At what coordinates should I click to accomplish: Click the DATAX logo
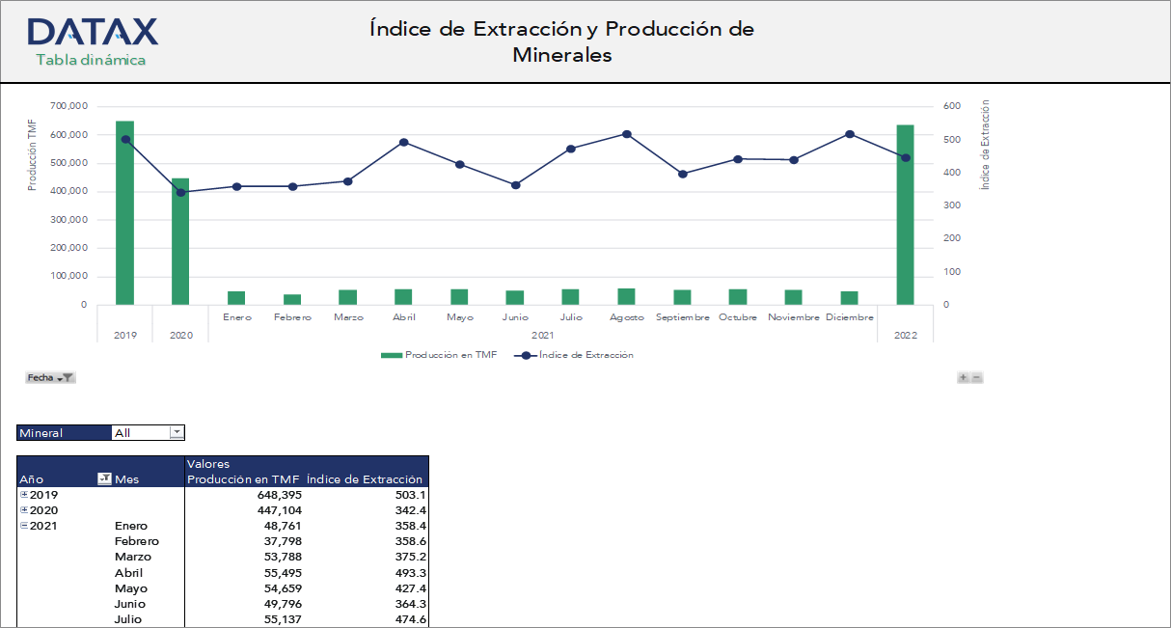pos(93,32)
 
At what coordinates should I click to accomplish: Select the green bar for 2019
pos(124,212)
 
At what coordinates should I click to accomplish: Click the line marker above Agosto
pos(626,134)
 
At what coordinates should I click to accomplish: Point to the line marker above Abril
pos(403,142)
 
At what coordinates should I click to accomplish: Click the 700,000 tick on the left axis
pos(68,106)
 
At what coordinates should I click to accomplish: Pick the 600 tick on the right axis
pos(951,106)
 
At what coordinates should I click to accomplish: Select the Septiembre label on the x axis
pos(682,317)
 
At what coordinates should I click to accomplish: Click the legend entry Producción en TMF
pos(450,355)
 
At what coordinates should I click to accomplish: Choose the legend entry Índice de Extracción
pos(585,355)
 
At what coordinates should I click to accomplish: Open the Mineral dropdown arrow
pos(177,433)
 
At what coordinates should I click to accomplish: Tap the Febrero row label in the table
pos(136,541)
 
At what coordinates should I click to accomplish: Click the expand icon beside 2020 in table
pos(24,510)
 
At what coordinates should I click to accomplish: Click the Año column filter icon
pos(104,479)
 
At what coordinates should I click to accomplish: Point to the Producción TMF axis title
pos(32,154)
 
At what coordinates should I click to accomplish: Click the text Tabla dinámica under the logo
pos(91,61)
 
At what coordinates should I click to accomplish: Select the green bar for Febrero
pos(291,299)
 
